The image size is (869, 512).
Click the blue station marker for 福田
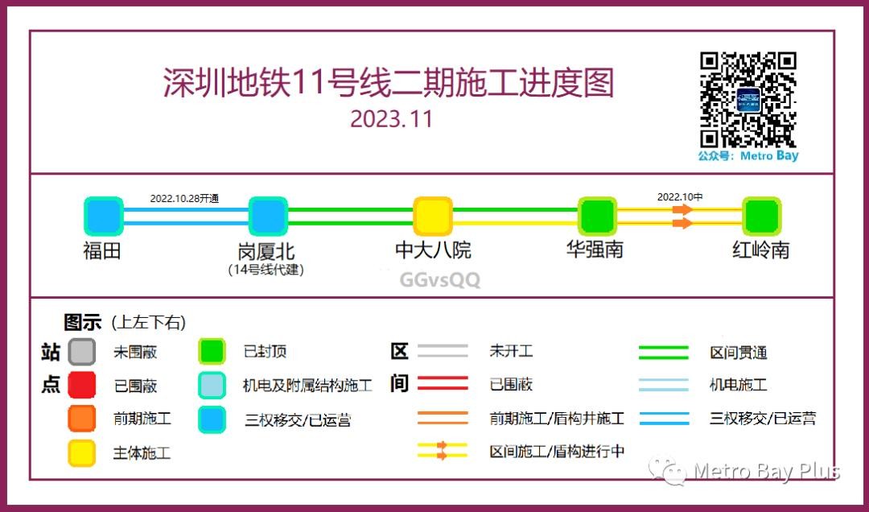coord(104,217)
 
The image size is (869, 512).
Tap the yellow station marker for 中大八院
coord(433,217)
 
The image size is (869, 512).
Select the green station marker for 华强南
coord(597,217)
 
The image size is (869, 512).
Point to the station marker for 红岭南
coord(762,217)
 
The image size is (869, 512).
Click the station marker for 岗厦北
coord(268,217)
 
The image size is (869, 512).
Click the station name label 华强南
coord(595,250)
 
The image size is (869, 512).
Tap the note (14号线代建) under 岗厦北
coord(266,270)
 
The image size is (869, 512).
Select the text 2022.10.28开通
coord(184,199)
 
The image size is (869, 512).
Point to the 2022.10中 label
coord(680,197)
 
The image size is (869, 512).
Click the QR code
coord(748,100)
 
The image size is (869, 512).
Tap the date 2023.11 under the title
coord(391,119)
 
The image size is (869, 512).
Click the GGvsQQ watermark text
coord(440,280)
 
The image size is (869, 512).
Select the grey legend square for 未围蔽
coord(81,352)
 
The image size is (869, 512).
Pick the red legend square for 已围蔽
coord(81,385)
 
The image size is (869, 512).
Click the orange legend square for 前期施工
coord(81,419)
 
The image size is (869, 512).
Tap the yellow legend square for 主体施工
coord(81,452)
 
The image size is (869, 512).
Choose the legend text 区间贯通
coord(739,353)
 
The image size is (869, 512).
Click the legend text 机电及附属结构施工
coord(307,385)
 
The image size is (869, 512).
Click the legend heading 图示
coord(83,322)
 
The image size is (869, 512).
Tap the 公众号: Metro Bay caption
coord(748,156)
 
